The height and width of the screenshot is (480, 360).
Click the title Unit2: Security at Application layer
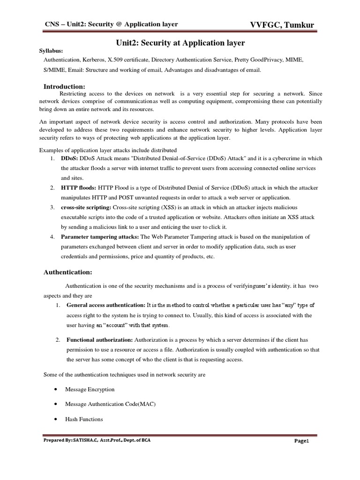(x=180, y=43)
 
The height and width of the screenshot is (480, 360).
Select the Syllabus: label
(x=50, y=51)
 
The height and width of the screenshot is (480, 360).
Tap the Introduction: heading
(x=64, y=86)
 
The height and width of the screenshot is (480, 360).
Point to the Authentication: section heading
(x=68, y=272)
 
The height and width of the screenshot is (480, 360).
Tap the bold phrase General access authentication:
(x=106, y=305)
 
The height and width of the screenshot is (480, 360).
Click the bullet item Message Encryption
(x=90, y=390)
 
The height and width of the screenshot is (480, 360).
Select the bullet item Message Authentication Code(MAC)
(x=111, y=404)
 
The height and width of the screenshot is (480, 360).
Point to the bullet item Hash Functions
(x=84, y=419)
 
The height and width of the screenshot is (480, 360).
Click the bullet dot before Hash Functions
(x=56, y=419)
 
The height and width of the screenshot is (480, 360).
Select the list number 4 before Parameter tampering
(x=52, y=237)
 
